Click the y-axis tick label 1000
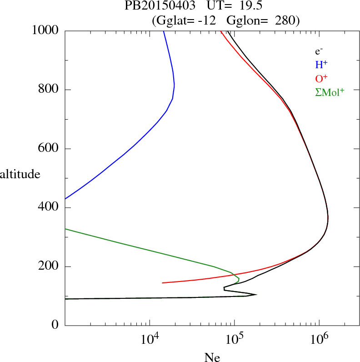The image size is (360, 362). click(x=46, y=30)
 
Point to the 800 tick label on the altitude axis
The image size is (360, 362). click(x=49, y=90)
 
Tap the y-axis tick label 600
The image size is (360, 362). click(x=49, y=149)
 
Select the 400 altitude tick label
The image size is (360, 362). click(x=49, y=208)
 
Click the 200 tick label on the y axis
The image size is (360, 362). click(x=49, y=266)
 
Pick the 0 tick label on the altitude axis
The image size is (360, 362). click(x=55, y=326)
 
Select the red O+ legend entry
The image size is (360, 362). click(x=321, y=79)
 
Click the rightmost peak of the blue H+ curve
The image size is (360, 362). click(x=174, y=85)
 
